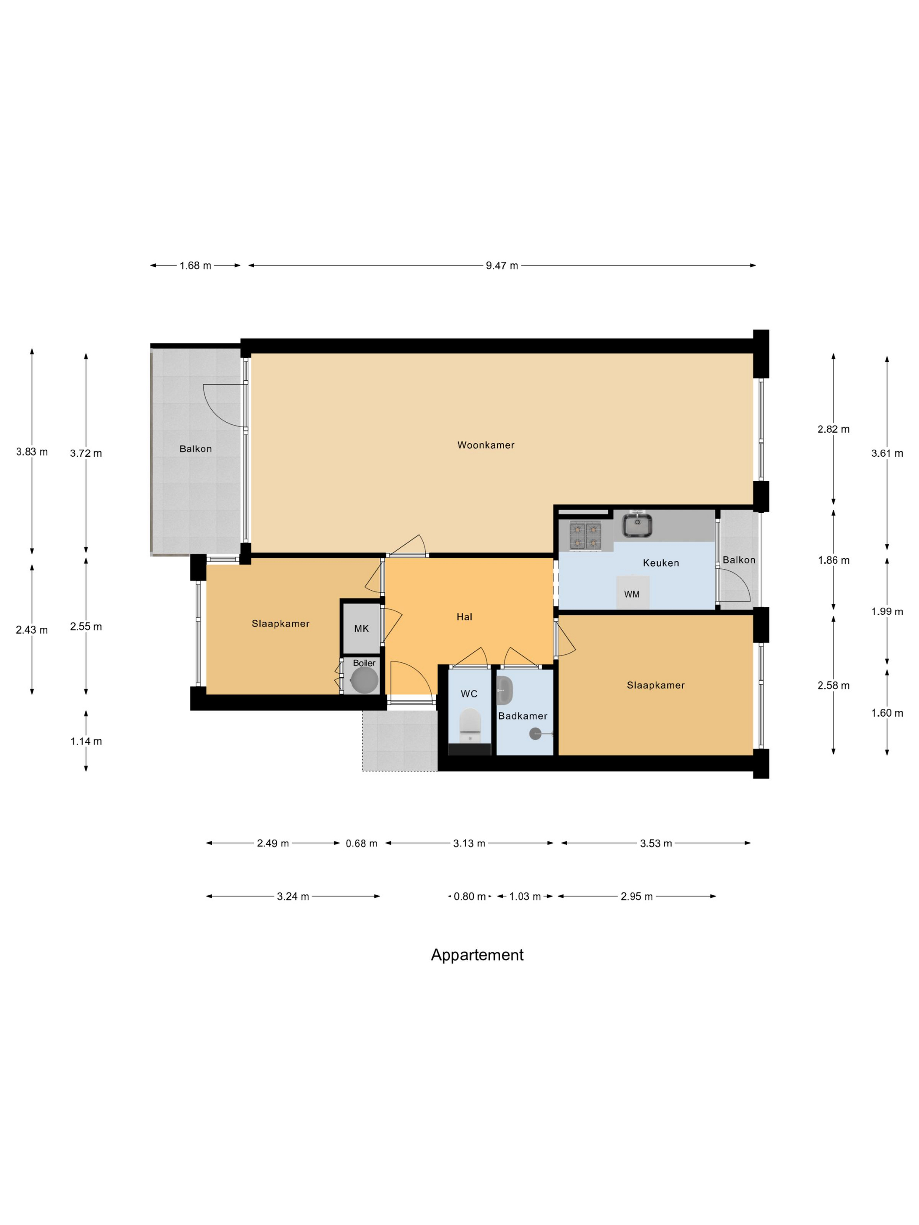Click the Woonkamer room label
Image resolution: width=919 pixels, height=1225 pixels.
pos(485,444)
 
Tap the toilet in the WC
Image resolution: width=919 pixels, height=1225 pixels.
pos(470,724)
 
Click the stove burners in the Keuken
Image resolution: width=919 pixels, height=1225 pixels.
pos(586,535)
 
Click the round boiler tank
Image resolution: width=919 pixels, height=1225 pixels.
pos(365,679)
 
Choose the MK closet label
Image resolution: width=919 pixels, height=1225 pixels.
pos(361,628)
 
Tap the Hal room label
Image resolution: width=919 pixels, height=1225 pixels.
pos(464,616)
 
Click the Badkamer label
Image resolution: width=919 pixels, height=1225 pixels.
pos(523,715)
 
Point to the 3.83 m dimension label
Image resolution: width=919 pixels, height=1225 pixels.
pos(32,451)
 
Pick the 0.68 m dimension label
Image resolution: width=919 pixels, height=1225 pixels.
pos(361,843)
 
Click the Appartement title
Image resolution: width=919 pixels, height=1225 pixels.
pos(477,955)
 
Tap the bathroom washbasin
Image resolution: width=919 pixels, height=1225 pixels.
pos(505,689)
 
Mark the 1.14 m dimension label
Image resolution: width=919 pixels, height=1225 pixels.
pos(86,741)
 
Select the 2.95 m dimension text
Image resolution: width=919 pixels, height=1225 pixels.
pos(636,896)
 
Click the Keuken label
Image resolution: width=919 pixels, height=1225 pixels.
pos(660,563)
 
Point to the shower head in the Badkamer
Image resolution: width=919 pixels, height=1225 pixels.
pos(536,734)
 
